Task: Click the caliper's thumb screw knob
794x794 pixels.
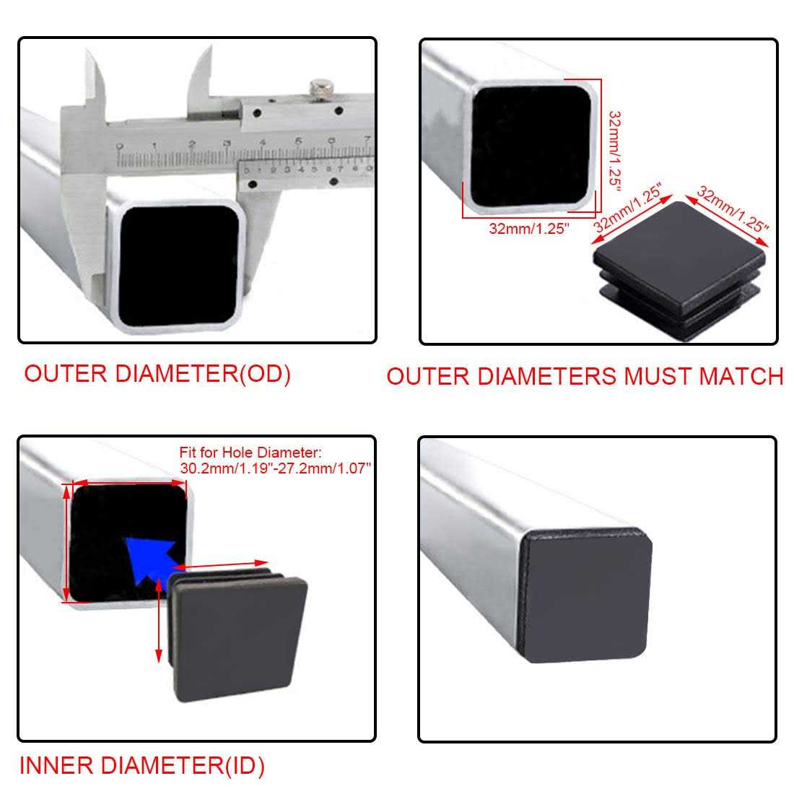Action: pos(321,90)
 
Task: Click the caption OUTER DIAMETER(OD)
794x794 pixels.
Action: pos(157,374)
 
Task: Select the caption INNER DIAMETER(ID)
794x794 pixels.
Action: pos(141,765)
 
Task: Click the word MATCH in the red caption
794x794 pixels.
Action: pos(741,376)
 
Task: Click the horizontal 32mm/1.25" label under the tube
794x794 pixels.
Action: pos(528,228)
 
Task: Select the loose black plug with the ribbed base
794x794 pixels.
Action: pos(679,270)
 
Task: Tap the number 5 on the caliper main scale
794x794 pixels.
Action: pos(298,141)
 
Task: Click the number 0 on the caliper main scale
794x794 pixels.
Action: pos(120,147)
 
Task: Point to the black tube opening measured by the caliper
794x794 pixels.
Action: pos(179,266)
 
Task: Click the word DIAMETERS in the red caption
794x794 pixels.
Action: pos(547,376)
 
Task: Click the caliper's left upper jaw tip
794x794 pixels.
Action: pos(88,51)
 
